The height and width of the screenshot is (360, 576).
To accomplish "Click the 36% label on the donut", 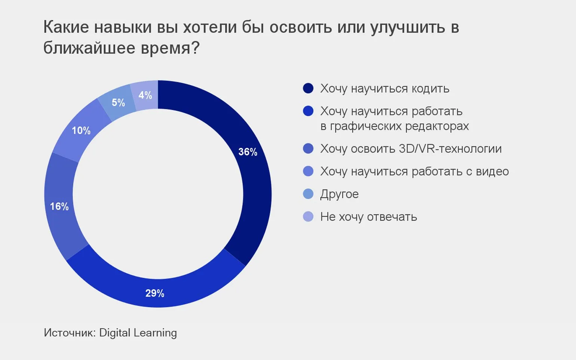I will [x=248, y=152].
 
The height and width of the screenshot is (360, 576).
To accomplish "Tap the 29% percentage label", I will [x=155, y=293].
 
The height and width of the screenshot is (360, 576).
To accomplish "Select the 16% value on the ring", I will [x=59, y=206].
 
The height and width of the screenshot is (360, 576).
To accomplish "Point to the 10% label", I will [x=81, y=130].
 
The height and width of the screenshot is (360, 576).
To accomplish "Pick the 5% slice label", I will [x=118, y=102].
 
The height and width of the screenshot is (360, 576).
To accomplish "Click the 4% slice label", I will [x=145, y=95].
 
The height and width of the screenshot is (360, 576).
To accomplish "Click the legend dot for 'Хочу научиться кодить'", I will [x=308, y=89].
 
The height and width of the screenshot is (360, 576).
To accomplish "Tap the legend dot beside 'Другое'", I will [x=308, y=194].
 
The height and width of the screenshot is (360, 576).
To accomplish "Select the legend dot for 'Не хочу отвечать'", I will [x=308, y=217].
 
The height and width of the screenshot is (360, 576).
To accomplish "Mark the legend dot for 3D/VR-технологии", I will [x=308, y=148].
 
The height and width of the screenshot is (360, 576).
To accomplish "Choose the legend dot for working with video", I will [x=308, y=171].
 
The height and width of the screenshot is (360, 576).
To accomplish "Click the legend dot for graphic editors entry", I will [x=308, y=111].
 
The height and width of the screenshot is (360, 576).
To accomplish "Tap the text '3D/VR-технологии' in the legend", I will [x=450, y=148].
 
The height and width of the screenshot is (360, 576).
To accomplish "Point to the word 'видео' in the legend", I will [x=492, y=171].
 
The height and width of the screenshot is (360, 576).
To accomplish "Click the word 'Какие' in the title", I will [x=66, y=27].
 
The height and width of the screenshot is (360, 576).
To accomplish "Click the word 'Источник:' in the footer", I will [x=70, y=333].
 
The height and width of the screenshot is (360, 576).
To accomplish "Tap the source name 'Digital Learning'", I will [x=138, y=333].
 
